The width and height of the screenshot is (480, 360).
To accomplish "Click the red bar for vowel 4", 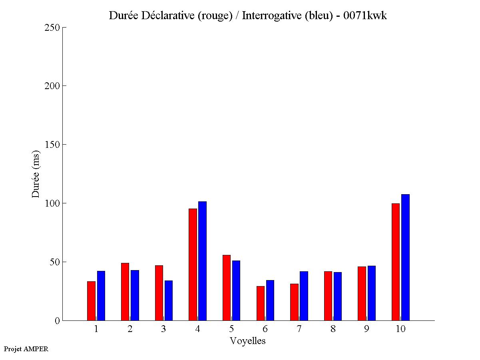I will pos(193,265).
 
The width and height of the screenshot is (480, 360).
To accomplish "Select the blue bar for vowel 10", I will pos(405,257).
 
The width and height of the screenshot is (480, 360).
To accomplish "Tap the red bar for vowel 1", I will pos(91,301).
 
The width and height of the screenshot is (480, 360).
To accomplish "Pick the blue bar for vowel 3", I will pos(169,300).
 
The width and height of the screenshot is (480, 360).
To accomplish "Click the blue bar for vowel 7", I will pos(304,296).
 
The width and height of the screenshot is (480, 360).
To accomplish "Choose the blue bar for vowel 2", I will pos(135,295).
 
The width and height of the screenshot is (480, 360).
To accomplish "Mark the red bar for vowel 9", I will pos(362,293).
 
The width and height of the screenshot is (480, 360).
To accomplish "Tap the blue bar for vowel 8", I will pos(338,296).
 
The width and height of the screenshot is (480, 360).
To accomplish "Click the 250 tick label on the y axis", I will pos(52,28).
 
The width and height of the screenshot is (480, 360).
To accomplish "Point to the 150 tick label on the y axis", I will pos(52,145).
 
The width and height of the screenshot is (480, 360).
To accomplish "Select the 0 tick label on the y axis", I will pos(57,321).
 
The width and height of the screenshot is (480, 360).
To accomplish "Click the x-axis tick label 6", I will pos(265,329).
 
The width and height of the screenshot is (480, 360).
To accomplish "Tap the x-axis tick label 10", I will pos(400,329).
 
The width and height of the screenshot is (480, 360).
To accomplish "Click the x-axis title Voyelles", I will pos(248,341).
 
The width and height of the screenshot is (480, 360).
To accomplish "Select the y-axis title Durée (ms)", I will pos(36,174).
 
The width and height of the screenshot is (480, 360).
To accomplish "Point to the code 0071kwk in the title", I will pos(365,16).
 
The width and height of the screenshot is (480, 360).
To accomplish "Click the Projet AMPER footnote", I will pos(26,349).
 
